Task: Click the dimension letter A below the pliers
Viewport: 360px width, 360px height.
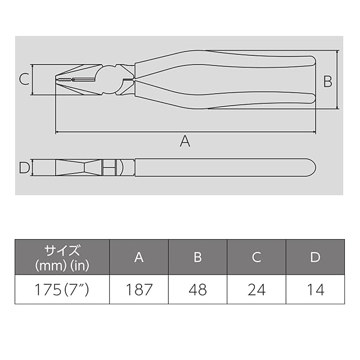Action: pos(185,141)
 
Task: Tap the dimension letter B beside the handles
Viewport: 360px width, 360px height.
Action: pos(327,81)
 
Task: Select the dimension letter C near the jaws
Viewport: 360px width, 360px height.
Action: pos(24,79)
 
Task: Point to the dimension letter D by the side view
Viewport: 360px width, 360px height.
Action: pos(24,168)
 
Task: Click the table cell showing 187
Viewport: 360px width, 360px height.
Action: pos(139,289)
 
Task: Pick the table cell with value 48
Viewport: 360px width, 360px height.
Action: pos(197,289)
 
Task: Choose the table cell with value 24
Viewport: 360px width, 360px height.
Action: pos(256,289)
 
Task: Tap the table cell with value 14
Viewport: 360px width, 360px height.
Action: pos(315,289)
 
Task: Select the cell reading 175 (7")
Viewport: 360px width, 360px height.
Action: pos(62,289)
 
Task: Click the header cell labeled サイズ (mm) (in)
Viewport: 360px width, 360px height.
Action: pos(62,257)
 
